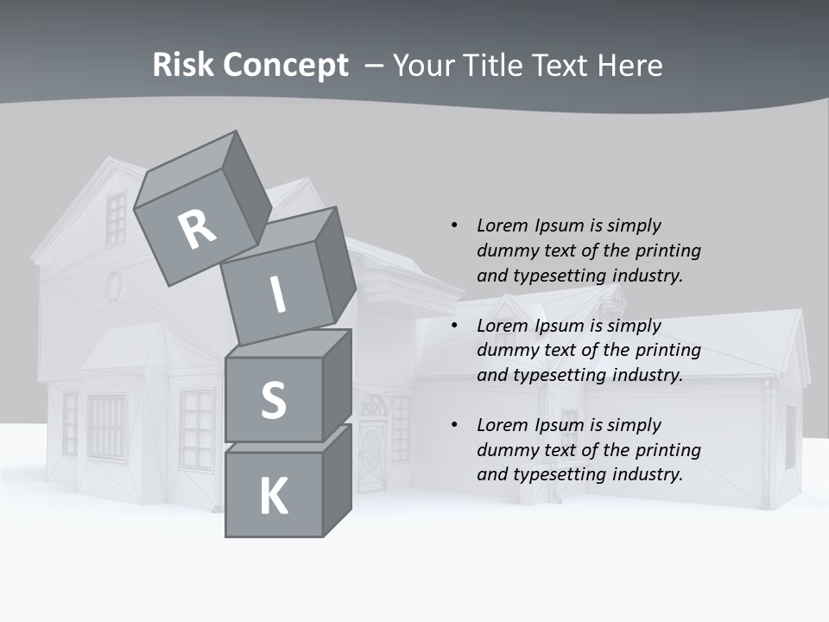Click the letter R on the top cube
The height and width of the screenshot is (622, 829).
[x=198, y=229]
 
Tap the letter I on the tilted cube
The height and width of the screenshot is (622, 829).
[x=278, y=295]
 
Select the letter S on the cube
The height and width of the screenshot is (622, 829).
[x=273, y=400]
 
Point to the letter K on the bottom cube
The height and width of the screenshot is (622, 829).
[x=274, y=497]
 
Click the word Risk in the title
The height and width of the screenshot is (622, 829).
[x=183, y=66]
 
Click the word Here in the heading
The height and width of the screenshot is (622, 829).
[x=630, y=66]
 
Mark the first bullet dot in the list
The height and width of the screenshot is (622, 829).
[x=455, y=225]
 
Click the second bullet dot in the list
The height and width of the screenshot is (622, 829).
[x=455, y=326]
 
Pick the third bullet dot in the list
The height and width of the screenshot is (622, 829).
[x=455, y=425]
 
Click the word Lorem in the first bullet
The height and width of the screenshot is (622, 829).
[x=501, y=225]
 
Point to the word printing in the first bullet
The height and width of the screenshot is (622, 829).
[x=669, y=251]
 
